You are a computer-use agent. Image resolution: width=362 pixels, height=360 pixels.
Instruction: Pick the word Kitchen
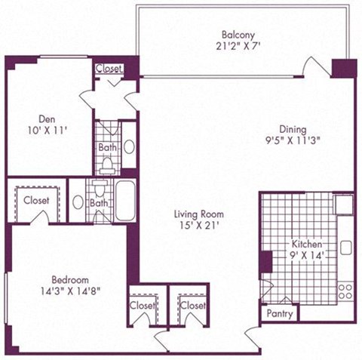308,245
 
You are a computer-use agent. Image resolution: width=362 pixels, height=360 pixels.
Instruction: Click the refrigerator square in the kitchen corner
344,204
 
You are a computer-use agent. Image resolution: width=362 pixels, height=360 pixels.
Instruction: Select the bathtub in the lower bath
125,199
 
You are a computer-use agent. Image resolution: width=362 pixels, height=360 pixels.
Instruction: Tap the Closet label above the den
110,69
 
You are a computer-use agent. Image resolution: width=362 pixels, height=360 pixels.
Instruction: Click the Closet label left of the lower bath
36,201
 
